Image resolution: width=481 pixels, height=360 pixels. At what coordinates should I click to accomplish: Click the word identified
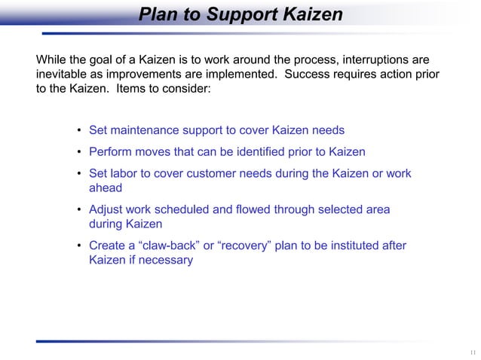point(257,151)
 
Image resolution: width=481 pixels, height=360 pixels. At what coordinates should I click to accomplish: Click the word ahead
point(106,188)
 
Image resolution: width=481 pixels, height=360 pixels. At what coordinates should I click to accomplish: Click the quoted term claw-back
point(167,246)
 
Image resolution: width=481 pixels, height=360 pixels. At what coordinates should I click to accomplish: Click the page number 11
point(471,352)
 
